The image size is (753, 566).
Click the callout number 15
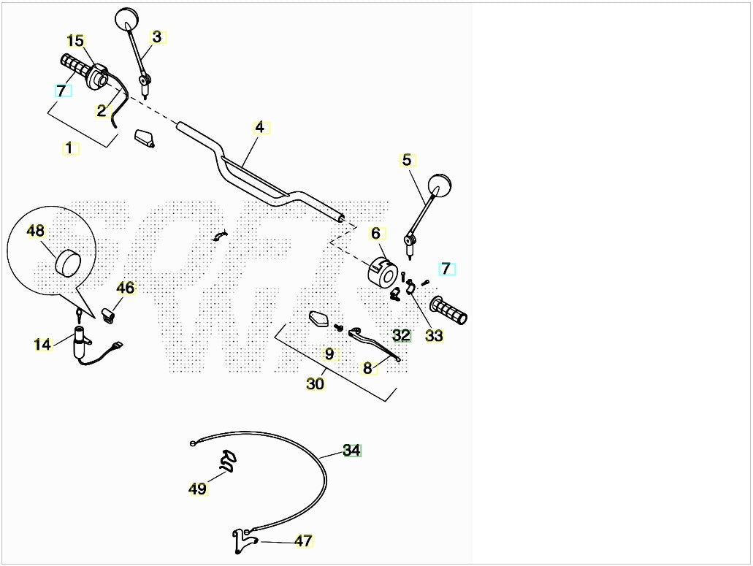pos(75,42)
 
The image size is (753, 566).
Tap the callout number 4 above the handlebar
pos(260,128)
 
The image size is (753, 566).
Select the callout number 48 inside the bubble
pos(36,231)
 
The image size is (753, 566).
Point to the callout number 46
pos(126,288)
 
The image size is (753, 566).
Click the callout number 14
pos(42,344)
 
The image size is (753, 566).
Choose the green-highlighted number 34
pos(351,451)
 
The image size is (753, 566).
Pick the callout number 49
pos(197,489)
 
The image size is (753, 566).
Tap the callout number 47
pos(303,541)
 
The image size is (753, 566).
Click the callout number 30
pos(316,383)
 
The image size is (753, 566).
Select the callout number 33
pos(434,335)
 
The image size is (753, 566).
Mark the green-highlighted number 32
pos(402,335)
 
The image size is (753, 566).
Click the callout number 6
pos(375,234)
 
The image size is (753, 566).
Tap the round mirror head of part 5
pos(440,186)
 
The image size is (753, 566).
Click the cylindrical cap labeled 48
pos(67,264)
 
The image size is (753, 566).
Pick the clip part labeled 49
pos(228,460)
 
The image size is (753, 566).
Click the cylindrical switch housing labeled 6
pos(382,274)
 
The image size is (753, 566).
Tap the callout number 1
pos(69,148)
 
